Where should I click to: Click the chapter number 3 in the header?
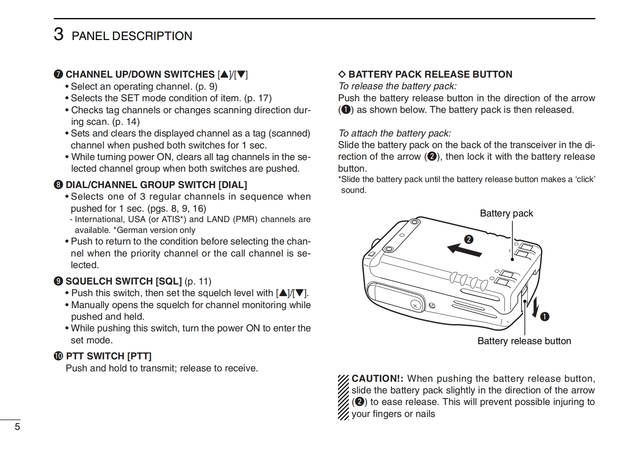click(x=58, y=34)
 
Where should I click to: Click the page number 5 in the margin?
click(x=17, y=427)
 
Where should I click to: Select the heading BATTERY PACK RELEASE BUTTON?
click(x=430, y=74)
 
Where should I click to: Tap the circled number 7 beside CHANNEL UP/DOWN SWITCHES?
click(x=58, y=75)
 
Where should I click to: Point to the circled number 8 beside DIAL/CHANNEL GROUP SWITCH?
click(x=58, y=185)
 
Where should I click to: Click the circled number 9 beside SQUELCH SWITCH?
click(x=58, y=281)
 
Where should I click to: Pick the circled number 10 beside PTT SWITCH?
click(x=59, y=356)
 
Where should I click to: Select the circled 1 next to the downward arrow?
click(x=544, y=317)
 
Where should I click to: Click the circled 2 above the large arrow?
click(x=468, y=239)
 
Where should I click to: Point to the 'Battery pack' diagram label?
click(x=506, y=213)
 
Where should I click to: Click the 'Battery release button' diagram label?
click(x=524, y=341)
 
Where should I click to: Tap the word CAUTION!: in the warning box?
click(x=378, y=379)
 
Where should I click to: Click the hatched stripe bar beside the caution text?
click(x=343, y=397)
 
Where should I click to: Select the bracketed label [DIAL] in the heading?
click(x=232, y=185)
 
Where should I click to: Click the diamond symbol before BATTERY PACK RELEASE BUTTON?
click(x=342, y=74)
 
